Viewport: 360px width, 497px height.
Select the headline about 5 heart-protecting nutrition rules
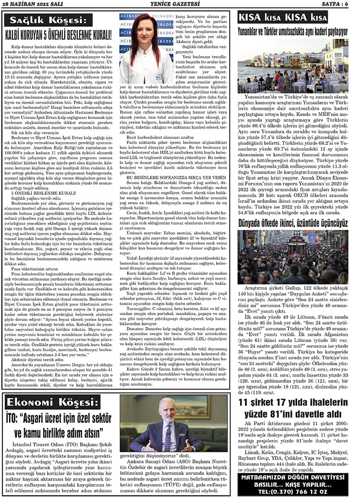58,34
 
